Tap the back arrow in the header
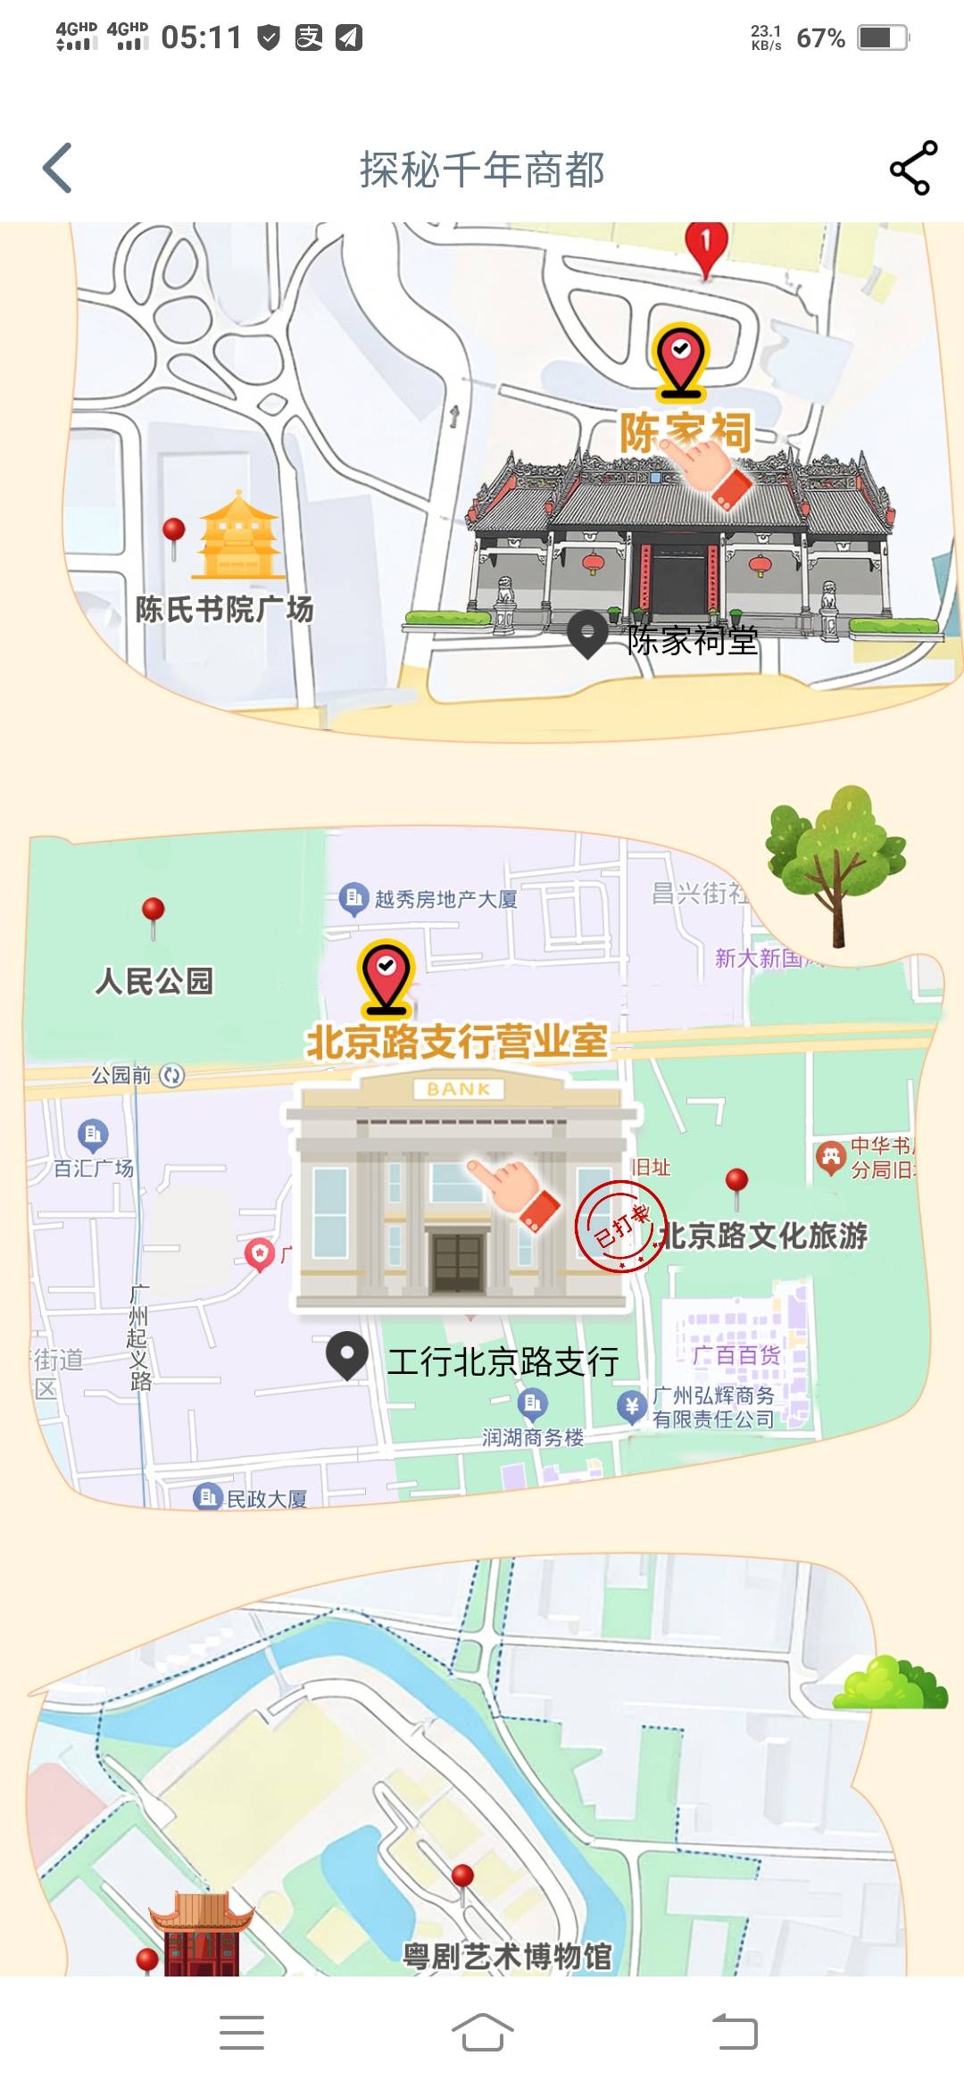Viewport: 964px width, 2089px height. tap(58, 168)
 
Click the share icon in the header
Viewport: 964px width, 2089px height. tap(913, 168)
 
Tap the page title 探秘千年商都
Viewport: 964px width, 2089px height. tap(482, 170)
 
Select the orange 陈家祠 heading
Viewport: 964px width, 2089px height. tap(686, 432)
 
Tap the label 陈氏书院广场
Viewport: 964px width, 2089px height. tap(224, 610)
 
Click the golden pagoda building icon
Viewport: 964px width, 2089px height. tap(237, 536)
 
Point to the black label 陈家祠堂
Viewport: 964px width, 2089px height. tap(692, 640)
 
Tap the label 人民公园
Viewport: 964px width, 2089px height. tap(154, 981)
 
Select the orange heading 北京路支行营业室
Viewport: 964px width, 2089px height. tap(457, 1042)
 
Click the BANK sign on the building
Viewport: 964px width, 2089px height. tap(459, 1089)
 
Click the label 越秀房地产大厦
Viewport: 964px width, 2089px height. tap(445, 899)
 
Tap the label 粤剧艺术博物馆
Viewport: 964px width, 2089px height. tap(507, 1956)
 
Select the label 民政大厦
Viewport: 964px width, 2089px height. tap(266, 1499)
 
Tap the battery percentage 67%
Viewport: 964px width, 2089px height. tap(820, 38)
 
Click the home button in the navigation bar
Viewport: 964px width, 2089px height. tap(482, 2032)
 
